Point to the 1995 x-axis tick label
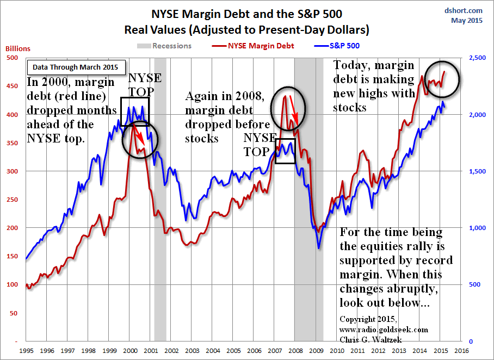[25, 351]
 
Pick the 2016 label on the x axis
[462, 351]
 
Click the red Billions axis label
[18, 48]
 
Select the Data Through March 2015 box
[77, 67]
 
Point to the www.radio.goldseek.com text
[384, 330]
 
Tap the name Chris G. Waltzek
[368, 339]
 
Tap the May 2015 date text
[467, 21]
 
